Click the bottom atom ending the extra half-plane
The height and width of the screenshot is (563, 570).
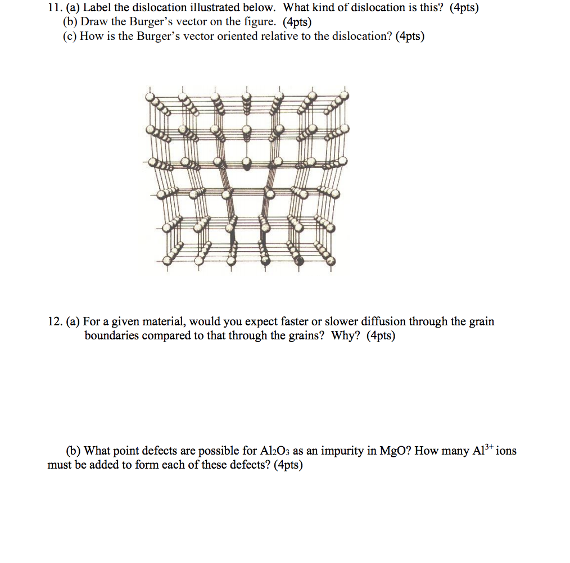246,164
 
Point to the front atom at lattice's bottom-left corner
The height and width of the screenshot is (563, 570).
167,261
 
